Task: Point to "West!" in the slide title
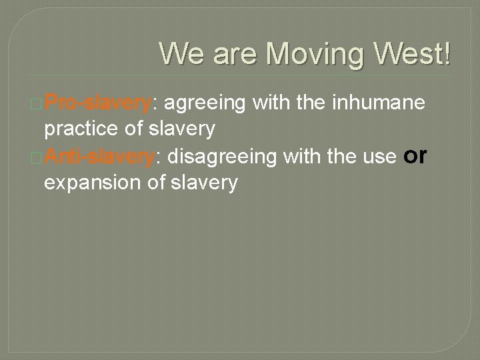[408, 53]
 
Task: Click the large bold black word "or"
[415, 155]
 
